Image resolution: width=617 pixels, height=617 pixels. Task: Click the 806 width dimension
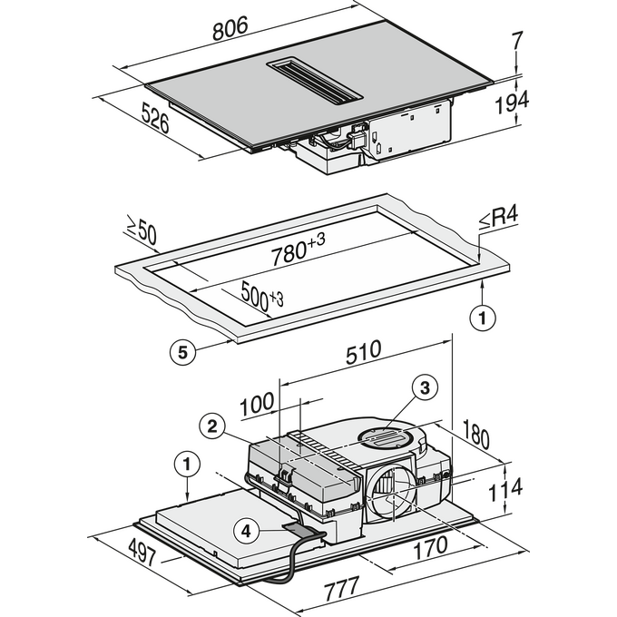coord(230,28)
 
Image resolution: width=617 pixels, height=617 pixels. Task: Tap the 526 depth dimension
coord(155,117)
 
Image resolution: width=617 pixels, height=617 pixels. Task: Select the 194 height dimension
coord(511,102)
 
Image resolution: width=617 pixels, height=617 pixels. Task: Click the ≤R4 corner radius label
coord(498,218)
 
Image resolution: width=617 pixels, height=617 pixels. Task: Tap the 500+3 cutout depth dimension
coord(261,296)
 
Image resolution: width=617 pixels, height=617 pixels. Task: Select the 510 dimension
coord(363,352)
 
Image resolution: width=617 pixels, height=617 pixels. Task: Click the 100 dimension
coord(257,404)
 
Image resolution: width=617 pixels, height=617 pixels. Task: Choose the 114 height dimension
coord(505,489)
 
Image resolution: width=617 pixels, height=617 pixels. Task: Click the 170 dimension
coord(430,547)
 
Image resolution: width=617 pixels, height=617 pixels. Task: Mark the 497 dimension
coord(142,552)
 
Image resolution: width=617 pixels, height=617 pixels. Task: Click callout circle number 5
coord(182,352)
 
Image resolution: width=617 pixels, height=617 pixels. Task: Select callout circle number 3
coord(425,388)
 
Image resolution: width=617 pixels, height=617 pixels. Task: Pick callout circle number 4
coord(246,532)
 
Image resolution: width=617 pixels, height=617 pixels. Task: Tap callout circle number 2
coord(212,426)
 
